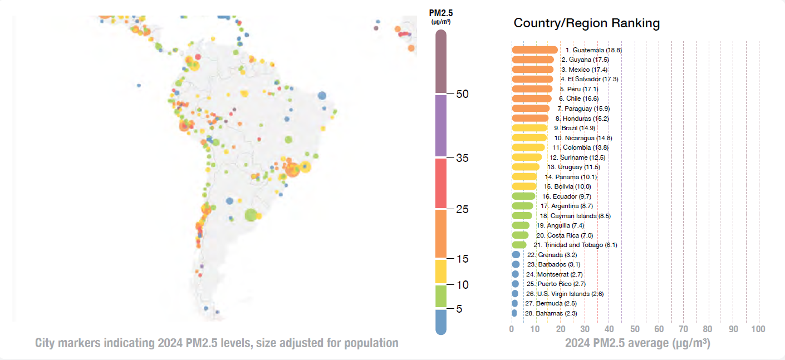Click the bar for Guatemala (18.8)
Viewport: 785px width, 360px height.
point(534,50)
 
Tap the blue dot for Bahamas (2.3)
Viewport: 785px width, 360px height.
point(514,313)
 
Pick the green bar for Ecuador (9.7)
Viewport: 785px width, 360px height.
point(523,196)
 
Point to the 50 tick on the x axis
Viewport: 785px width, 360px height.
point(634,329)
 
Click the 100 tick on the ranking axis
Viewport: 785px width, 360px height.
point(758,329)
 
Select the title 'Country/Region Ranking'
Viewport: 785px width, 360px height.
point(586,23)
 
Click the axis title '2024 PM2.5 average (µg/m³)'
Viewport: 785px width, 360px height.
point(637,343)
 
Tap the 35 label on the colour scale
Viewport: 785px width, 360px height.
point(463,158)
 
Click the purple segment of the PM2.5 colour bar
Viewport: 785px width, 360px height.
point(441,126)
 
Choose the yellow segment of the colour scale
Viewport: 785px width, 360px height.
point(441,272)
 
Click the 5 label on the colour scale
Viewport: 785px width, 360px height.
point(459,309)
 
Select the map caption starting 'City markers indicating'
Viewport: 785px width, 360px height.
point(217,343)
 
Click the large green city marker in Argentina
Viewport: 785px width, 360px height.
point(251,215)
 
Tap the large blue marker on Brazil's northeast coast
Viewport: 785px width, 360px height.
point(322,96)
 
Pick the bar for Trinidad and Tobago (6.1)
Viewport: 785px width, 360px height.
point(518,245)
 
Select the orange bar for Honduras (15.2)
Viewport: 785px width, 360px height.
point(530,119)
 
